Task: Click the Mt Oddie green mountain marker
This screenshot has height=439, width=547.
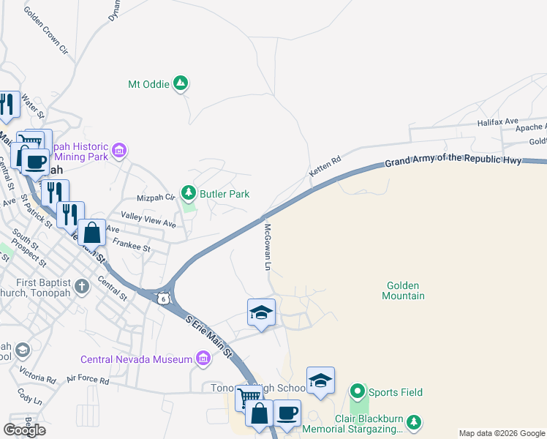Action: coord(181,84)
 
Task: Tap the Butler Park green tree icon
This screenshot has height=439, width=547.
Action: coord(189,193)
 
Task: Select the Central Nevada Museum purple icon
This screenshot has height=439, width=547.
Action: coord(203,359)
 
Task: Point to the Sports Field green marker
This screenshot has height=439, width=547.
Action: coord(358,392)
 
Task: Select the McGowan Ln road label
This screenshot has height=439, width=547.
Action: coord(268,247)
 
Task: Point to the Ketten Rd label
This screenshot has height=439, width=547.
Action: coord(325,168)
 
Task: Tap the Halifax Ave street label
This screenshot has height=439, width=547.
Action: coord(497,121)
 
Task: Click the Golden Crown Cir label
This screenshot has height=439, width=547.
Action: coord(45,32)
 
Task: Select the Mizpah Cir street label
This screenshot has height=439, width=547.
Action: coord(156,198)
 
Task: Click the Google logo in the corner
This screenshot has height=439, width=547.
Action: coord(24,429)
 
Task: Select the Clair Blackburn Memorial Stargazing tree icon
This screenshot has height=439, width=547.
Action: coord(415,421)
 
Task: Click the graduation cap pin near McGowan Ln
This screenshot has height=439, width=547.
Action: coord(261,312)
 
